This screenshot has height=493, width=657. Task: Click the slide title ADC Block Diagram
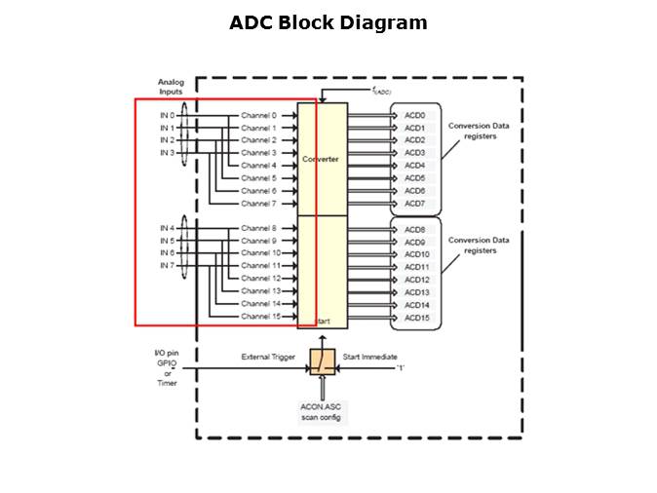[x=328, y=22]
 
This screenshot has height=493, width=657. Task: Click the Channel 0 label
[x=258, y=115]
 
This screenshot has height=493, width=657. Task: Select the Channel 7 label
[x=258, y=204]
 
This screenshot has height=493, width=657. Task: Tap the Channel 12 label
[x=260, y=279]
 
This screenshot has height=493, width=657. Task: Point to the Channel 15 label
[x=260, y=317]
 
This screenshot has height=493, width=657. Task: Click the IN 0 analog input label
[x=167, y=115]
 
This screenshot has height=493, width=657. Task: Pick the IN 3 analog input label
[x=167, y=153]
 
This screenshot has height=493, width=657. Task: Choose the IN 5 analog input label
[x=167, y=241]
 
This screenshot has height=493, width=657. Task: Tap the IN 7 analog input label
[x=167, y=266]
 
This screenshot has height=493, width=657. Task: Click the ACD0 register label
[x=414, y=115]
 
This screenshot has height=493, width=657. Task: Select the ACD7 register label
[x=414, y=204]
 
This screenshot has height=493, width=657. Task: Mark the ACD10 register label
[x=416, y=253]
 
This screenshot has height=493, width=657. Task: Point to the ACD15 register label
[x=416, y=317]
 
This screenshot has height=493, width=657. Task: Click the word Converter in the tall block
[x=321, y=159]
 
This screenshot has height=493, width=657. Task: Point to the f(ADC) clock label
[x=381, y=91]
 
